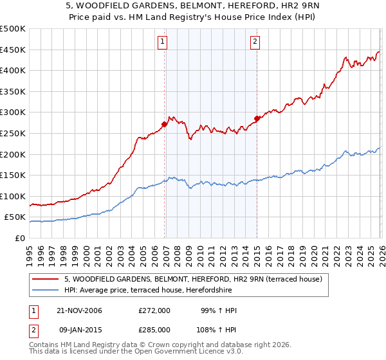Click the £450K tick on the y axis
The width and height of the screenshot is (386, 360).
click(x=13, y=50)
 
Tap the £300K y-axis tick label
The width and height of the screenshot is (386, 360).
click(x=13, y=113)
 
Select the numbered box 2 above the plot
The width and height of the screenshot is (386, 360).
click(x=255, y=42)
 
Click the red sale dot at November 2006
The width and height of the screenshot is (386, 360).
click(x=165, y=124)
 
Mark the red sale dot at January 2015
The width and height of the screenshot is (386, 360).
click(x=257, y=118)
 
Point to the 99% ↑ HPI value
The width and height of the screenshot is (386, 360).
click(x=219, y=310)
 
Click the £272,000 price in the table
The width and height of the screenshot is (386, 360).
click(x=154, y=310)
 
